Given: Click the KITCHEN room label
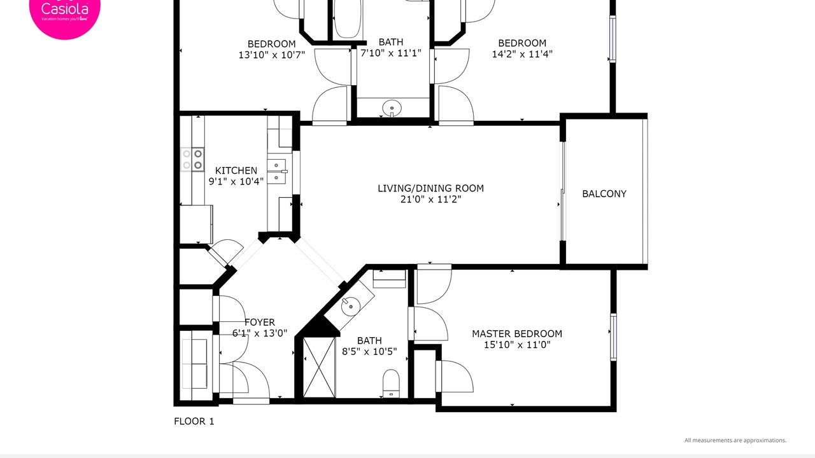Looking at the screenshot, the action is (236, 170).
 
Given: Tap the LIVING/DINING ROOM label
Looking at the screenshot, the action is (431, 188).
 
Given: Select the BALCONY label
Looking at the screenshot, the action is (604, 194).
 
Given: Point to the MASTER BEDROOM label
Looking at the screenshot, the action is (517, 334).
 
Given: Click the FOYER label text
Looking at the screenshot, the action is (260, 323).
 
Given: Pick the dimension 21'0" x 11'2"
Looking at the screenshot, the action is (431, 199).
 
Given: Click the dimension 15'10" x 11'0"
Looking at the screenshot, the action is (517, 345).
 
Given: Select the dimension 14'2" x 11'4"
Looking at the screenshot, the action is (522, 54).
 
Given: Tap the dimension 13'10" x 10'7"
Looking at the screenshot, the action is (271, 55).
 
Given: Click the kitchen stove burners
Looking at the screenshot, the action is (192, 160).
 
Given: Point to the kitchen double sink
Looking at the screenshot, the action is (277, 172).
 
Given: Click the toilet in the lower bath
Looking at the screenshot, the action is (391, 384).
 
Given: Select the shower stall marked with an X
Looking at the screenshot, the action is (319, 368).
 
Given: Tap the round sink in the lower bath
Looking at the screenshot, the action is (351, 306).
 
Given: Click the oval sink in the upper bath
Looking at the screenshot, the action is (392, 108).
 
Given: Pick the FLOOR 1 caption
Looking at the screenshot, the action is (194, 422).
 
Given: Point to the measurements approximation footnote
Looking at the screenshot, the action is (735, 441).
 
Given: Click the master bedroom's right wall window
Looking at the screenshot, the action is (613, 337).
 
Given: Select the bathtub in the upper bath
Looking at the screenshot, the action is (348, 19).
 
